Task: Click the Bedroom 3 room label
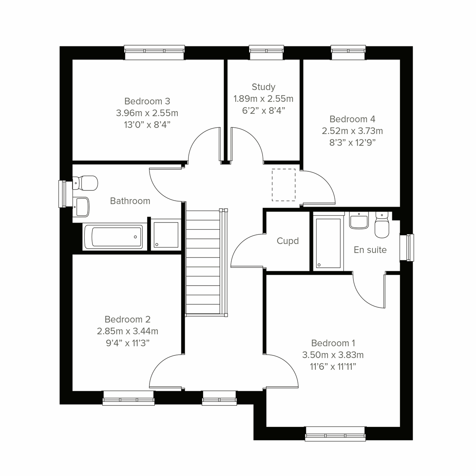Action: tap(147, 101)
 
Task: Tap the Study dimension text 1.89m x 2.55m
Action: tap(263, 99)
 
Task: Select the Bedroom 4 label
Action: tap(352, 119)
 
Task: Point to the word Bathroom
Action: tap(130, 201)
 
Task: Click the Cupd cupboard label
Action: tap(288, 241)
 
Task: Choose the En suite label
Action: tap(370, 250)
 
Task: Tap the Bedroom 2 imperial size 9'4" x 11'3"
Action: tap(127, 343)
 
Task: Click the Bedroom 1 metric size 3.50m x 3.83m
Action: tap(333, 355)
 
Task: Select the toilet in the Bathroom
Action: tap(86, 183)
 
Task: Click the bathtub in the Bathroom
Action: tap(113, 237)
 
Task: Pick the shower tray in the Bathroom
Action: tap(165, 235)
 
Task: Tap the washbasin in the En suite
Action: tap(359, 221)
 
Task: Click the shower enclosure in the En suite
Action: tap(328, 242)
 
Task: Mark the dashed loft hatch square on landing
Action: tap(284, 184)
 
